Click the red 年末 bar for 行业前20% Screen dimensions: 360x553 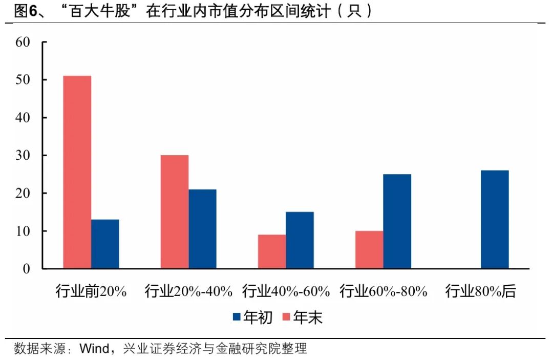77,172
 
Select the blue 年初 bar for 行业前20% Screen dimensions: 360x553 105,244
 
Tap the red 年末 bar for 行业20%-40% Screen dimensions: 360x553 174,211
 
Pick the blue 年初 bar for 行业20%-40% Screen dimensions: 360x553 202,229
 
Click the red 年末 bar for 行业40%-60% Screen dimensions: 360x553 272,251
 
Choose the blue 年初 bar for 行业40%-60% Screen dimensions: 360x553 300,240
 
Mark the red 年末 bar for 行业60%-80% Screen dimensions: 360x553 369,249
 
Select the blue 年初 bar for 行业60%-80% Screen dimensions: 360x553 397,221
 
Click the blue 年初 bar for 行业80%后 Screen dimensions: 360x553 495,219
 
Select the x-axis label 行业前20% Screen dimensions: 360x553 91,292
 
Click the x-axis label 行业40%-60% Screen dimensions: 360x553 286,292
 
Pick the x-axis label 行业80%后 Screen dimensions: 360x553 480,292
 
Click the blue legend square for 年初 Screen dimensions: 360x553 237,317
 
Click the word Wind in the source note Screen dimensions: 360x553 94,349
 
